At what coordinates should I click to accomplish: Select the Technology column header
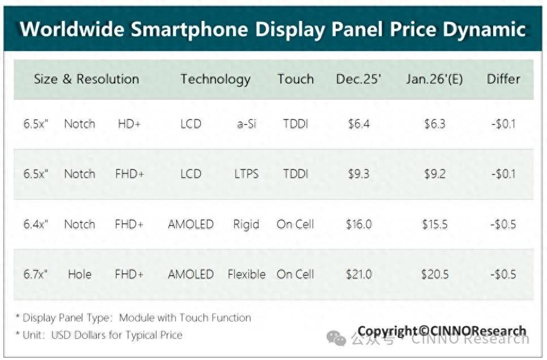click(x=215, y=79)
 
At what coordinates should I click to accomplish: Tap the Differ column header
click(x=503, y=79)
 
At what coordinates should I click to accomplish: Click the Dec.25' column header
click(x=358, y=79)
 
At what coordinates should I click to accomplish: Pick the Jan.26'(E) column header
click(x=434, y=79)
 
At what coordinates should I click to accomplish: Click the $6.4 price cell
click(x=358, y=124)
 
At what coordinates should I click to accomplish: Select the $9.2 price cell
click(x=434, y=174)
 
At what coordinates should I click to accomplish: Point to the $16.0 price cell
click(x=358, y=224)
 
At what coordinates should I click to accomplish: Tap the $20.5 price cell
click(x=434, y=275)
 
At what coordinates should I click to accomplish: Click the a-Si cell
click(x=246, y=124)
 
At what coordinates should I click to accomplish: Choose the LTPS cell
click(x=246, y=174)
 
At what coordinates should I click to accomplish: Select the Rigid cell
click(x=246, y=224)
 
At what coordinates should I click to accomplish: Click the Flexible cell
click(x=246, y=275)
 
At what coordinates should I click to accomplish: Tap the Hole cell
click(x=79, y=275)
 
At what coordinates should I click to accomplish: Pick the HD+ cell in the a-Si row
click(x=129, y=124)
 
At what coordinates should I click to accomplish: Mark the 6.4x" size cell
click(x=36, y=224)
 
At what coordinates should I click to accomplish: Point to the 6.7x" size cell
click(x=36, y=275)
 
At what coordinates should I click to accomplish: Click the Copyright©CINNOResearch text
click(x=442, y=331)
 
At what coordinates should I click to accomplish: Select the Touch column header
click(x=295, y=79)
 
